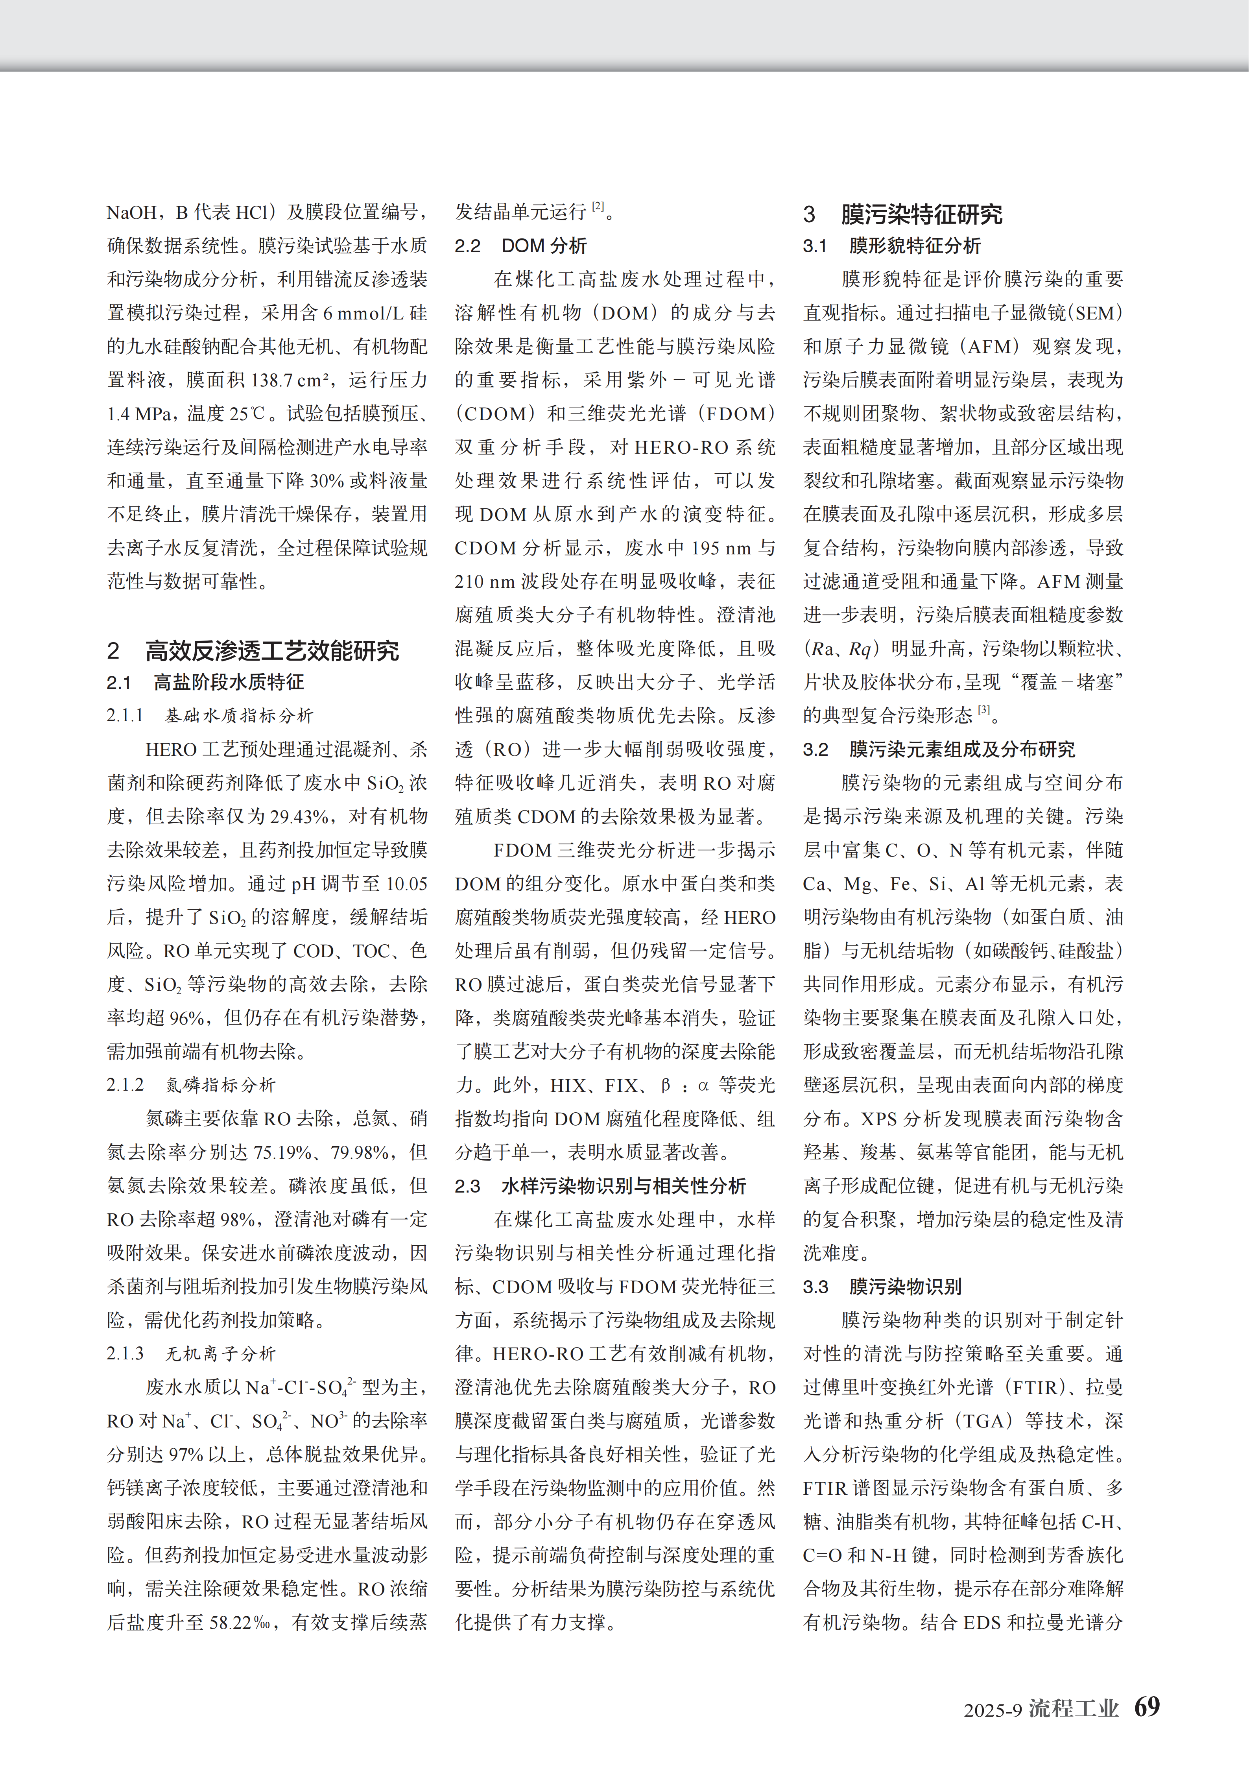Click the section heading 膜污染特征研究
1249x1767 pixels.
point(921,214)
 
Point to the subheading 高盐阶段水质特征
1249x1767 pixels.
point(229,682)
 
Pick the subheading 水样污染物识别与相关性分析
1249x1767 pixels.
point(624,1186)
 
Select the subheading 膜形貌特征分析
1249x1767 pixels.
point(915,246)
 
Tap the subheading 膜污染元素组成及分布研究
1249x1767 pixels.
point(962,750)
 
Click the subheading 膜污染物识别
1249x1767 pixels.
point(905,1287)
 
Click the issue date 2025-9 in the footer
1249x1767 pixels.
point(993,1710)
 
